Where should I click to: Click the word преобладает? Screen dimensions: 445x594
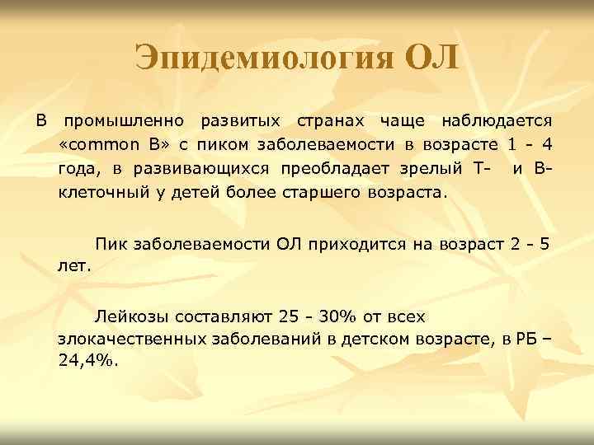[x=351, y=171]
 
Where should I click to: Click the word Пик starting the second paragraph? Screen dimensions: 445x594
[x=111, y=243]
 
